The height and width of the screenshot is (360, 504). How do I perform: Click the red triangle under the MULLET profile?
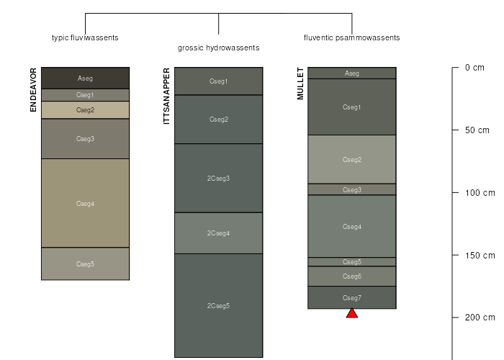point(352,313)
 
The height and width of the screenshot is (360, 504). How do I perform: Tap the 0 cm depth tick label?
point(474,68)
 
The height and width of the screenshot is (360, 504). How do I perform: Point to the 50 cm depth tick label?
point(477,130)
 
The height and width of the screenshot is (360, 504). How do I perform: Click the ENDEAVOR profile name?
point(34,90)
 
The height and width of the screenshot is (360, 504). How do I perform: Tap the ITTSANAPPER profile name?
point(167,96)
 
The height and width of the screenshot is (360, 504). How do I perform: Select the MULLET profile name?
point(301,84)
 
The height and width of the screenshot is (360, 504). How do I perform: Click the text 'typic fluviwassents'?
point(85,37)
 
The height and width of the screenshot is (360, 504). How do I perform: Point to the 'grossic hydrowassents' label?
point(218,48)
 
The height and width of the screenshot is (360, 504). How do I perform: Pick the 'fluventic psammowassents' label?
point(351,37)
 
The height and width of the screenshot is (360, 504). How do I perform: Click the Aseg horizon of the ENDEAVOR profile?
point(85,78)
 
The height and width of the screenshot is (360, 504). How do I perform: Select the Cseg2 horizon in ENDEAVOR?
point(85,110)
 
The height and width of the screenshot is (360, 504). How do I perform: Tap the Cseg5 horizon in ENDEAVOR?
point(85,264)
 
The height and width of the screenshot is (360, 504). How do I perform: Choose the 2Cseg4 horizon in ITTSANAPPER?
point(218,233)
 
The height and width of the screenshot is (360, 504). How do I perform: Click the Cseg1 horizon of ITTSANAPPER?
point(218,81)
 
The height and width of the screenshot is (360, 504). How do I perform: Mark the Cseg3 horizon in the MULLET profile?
point(352,190)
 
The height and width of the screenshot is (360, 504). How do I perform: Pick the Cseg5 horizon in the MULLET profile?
point(352,262)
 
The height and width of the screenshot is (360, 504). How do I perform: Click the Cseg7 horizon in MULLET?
point(352,298)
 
